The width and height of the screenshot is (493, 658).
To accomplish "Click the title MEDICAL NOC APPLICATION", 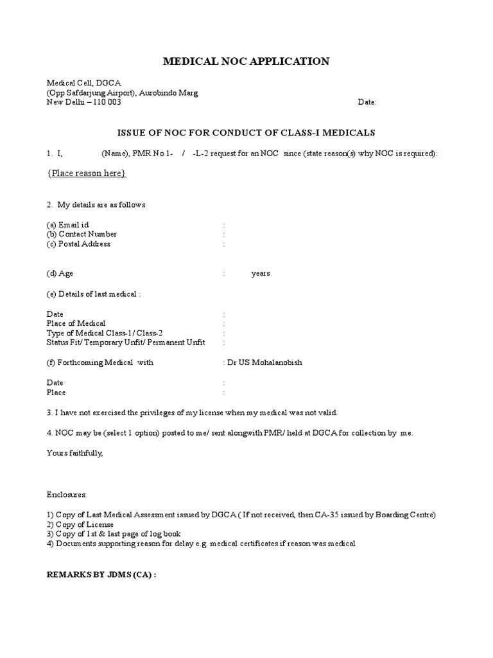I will pyautogui.click(x=246, y=62).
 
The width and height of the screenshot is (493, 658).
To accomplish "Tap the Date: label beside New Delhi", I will pyautogui.click(x=367, y=103).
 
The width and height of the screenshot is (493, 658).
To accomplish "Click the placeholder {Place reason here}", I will pyautogui.click(x=87, y=173).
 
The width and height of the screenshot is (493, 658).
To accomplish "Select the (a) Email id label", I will pyautogui.click(x=67, y=225).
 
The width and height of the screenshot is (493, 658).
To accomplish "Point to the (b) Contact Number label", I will pyautogui.click(x=82, y=235).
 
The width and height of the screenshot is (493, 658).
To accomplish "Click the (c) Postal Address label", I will pyautogui.click(x=78, y=244).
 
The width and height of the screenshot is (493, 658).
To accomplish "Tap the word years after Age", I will pyautogui.click(x=261, y=274).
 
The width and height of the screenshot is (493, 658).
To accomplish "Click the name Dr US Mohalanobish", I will pyautogui.click(x=264, y=362).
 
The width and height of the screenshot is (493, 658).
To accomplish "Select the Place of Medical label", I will pyautogui.click(x=76, y=323).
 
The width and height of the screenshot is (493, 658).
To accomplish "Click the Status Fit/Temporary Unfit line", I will pyautogui.click(x=126, y=343).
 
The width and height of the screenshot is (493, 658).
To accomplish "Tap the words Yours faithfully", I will pyautogui.click(x=74, y=453).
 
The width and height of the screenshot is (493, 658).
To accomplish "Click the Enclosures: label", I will pyautogui.click(x=66, y=495).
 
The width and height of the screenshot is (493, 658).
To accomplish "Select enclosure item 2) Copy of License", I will pyautogui.click(x=79, y=524).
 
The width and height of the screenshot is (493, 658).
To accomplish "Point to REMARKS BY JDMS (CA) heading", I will pyautogui.click(x=101, y=574).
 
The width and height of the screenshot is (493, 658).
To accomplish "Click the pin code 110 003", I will pyautogui.click(x=105, y=103).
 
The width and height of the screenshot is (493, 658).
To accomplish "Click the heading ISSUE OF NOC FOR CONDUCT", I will pyautogui.click(x=246, y=133).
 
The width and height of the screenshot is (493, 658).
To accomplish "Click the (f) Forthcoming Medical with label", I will pyautogui.click(x=99, y=362).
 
